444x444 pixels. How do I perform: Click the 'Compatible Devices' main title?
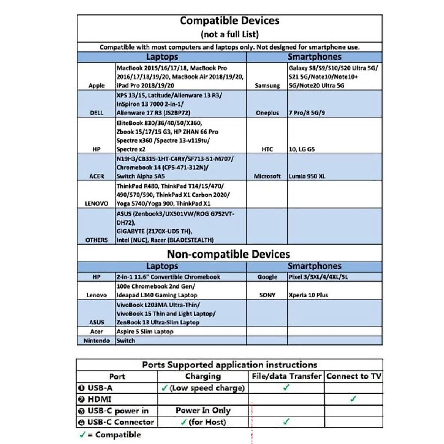pos(229,21)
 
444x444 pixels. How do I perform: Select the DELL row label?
pos(97,113)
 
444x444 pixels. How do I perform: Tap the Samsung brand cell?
pos(267,85)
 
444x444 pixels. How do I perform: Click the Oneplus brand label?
pos(267,113)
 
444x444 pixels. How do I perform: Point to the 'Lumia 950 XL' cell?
pos(307,176)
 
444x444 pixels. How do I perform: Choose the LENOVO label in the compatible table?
pos(97,203)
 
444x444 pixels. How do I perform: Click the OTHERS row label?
pos(97,240)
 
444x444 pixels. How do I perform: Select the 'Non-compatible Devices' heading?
pos(229,254)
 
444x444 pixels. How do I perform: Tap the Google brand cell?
pos(267,277)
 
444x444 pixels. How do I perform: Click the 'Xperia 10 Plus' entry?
pos(308,295)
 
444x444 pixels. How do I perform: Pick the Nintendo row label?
pos(97,341)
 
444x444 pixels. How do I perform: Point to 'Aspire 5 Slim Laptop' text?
pos(145,332)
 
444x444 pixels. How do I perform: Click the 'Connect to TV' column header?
pos(353,376)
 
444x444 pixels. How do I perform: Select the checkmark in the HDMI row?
pos(353,399)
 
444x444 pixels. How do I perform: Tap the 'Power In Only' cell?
pos(203,410)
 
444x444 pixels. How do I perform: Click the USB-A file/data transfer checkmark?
pos(286,387)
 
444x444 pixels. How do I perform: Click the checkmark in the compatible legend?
pos(82,435)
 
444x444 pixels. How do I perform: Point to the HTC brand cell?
pos(267,149)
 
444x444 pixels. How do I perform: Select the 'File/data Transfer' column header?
pos(286,376)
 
